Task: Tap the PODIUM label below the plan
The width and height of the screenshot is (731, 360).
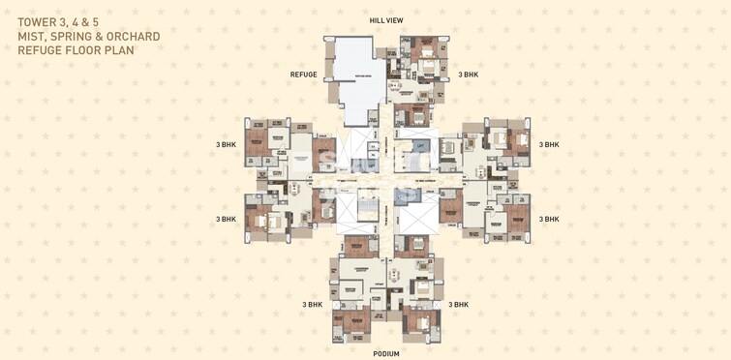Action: [386, 353]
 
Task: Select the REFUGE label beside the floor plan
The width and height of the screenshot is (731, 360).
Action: [303, 75]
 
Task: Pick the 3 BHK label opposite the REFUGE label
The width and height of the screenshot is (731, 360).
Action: [469, 75]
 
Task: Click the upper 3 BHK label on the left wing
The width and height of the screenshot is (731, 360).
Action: [226, 145]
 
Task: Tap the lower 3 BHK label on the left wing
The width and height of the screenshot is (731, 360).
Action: [226, 219]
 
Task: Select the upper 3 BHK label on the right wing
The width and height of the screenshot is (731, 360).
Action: [550, 145]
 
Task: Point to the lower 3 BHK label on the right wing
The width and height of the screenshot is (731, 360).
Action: [550, 219]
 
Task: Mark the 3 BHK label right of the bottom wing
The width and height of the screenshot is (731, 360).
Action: [458, 304]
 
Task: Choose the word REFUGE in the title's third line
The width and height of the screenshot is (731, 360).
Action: [41, 49]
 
